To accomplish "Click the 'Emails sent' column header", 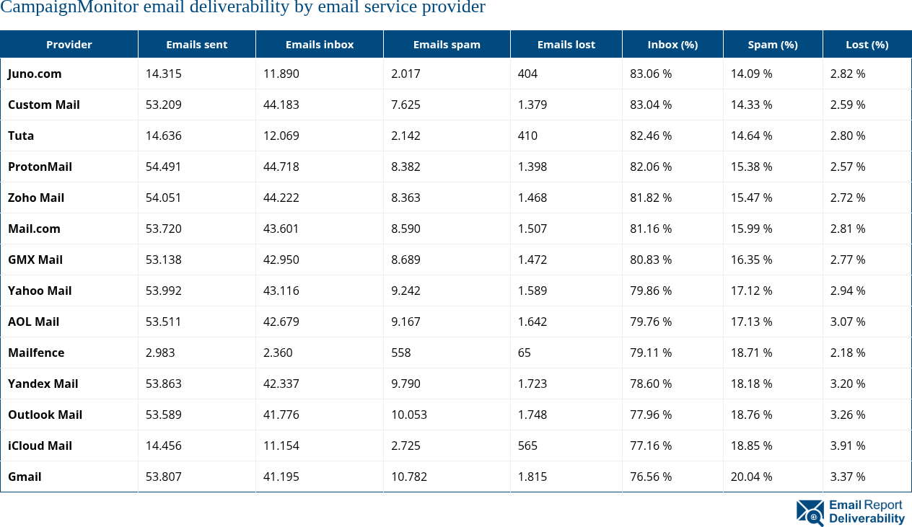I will [x=196, y=45].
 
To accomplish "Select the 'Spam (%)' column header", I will [x=772, y=45].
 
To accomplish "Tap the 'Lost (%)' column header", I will [x=867, y=45].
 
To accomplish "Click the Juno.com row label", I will [x=35, y=74].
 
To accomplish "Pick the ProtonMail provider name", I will [x=40, y=167].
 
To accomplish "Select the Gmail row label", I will [x=25, y=477].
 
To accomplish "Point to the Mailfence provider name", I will [x=36, y=353].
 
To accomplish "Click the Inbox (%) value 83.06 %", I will [x=650, y=74].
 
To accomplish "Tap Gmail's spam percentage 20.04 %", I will [x=751, y=477].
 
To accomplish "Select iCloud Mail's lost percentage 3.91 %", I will [x=847, y=446].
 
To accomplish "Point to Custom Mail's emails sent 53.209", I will [x=164, y=105].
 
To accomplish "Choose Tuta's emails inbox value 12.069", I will [x=281, y=136].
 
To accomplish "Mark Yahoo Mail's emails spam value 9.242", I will [x=405, y=291].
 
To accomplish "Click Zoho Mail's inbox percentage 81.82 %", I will [x=650, y=198].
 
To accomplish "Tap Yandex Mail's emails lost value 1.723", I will [x=532, y=384].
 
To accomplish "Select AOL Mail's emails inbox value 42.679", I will [x=281, y=322].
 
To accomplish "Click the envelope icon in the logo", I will [x=810, y=513].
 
